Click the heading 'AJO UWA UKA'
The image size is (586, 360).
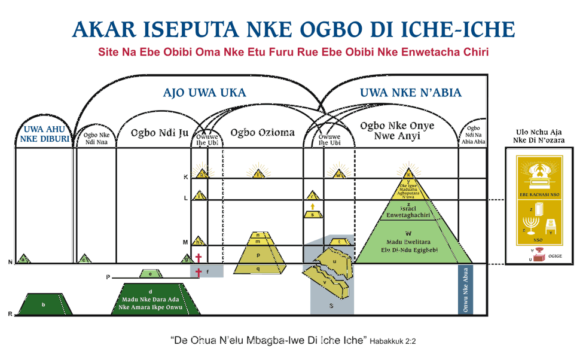click(205, 93)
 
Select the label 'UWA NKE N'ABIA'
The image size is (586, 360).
click(410, 93)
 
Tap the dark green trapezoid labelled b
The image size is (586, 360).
click(43, 304)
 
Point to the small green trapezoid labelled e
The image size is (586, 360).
click(151, 274)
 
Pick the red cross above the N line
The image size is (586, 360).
click(199, 258)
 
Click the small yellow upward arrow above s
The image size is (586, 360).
click(312, 206)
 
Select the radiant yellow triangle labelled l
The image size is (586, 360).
click(258, 174)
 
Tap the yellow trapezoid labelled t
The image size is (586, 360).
click(340, 242)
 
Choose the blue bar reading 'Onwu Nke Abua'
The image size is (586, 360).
click(465, 289)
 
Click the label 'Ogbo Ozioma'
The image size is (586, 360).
click(263, 132)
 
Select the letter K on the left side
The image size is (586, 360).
click(186, 178)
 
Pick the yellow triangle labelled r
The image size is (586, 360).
click(312, 196)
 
